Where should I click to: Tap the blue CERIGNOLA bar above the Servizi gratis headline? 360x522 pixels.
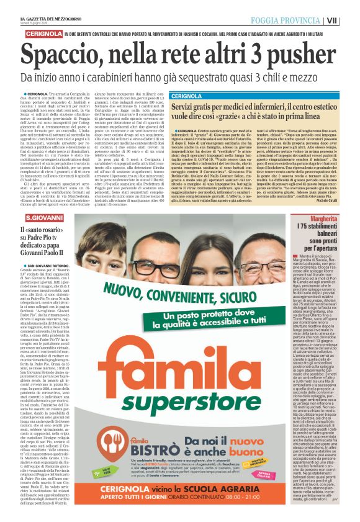[186, 96]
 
